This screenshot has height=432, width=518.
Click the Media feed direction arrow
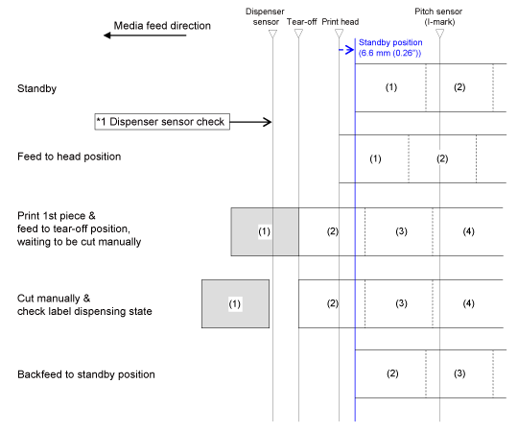coord(145,35)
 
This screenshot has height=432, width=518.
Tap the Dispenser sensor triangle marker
coord(272,34)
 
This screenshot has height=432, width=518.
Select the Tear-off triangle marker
coord(298,34)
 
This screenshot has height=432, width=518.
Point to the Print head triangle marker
coord(339,34)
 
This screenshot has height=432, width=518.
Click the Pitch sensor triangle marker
coord(439,34)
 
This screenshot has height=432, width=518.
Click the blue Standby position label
coord(390,48)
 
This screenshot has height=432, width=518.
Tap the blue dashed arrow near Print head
coord(346,50)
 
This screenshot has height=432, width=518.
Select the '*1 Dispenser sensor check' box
coord(162,122)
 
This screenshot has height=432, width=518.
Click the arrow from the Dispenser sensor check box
coord(250,122)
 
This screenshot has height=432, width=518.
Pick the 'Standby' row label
coord(36,88)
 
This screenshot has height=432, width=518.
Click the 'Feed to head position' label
coord(69,156)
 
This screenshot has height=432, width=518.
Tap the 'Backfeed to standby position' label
coord(86,374)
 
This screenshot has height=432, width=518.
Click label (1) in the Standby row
coord(391,87)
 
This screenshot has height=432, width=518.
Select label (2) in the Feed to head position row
coord(442,159)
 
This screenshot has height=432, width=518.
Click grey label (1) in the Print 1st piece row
coord(265,231)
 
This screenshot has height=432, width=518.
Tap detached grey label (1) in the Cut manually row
coord(235,303)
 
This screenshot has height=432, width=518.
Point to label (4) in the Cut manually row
coord(468,303)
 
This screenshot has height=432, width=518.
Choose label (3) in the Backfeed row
coord(459,373)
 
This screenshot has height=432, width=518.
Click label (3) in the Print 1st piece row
coord(401,231)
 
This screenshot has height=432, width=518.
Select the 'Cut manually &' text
coord(54,299)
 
